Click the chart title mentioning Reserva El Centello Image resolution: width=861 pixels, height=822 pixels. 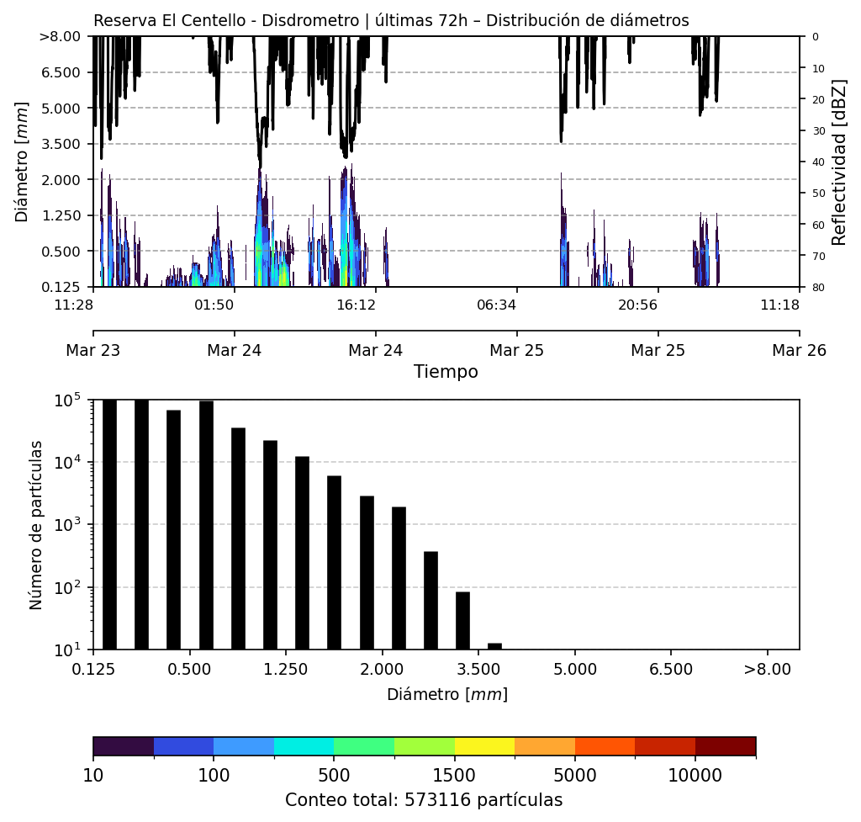coord(391,21)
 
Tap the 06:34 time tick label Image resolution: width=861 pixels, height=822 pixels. coord(496,304)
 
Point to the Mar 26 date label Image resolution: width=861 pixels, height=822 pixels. coord(799,350)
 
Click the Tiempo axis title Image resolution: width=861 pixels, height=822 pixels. coord(446,372)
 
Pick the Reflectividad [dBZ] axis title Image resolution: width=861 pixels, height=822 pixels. coord(839,162)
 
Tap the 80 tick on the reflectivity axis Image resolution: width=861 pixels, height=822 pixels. coord(815,288)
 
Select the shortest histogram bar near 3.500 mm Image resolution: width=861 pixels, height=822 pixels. coord(494,646)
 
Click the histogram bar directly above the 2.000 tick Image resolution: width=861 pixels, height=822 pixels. coord(399,577)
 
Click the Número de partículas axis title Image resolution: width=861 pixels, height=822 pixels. coord(36,524)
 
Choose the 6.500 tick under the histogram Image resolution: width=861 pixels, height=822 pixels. coord(671,670)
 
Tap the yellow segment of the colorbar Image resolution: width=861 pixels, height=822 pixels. coord(484,746)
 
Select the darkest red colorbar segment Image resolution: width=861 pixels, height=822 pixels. coord(725,746)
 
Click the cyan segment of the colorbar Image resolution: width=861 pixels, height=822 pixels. coord(304,746)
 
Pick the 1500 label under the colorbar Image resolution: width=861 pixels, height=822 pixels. coord(454,774)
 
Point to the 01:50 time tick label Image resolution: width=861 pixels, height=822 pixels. coord(214,304)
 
